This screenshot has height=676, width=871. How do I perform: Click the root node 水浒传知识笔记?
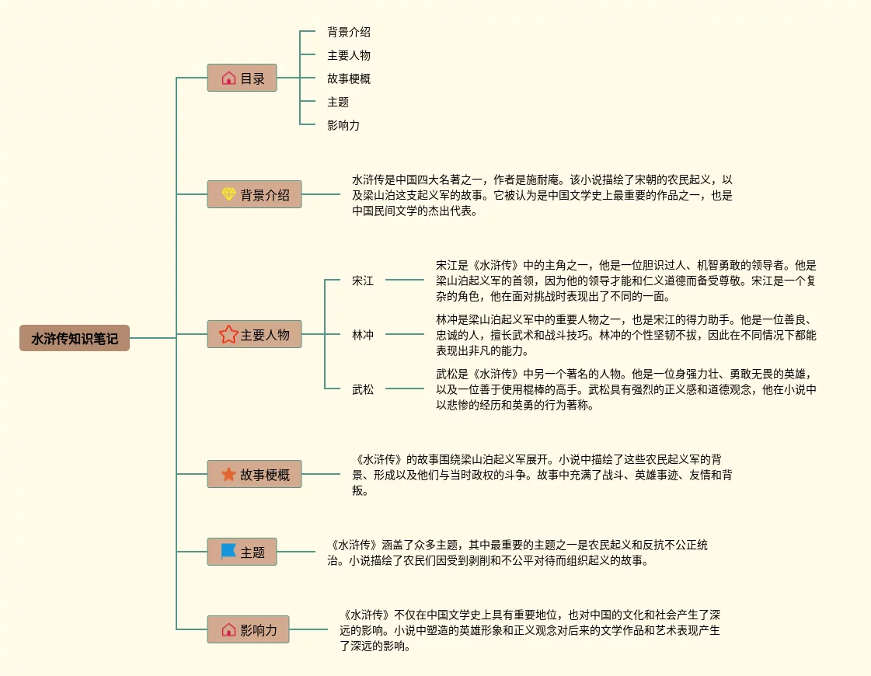(x=75, y=338)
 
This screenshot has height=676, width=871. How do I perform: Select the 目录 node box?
(x=242, y=78)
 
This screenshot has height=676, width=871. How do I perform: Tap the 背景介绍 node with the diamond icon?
(x=254, y=194)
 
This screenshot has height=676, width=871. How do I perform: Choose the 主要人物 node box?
(x=254, y=334)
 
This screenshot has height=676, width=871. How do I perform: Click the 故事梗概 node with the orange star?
(x=254, y=474)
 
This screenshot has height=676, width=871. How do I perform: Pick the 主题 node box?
(x=242, y=552)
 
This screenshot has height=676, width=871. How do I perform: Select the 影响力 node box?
(x=248, y=629)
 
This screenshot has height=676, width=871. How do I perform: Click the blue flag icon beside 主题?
(x=228, y=552)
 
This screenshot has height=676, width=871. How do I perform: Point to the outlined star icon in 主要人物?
(x=228, y=334)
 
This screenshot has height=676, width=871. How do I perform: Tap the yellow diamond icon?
(x=228, y=194)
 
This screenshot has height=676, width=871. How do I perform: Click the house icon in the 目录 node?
(x=228, y=78)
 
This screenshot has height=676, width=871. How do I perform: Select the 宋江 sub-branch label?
(x=363, y=281)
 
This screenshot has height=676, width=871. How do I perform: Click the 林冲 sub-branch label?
(x=363, y=335)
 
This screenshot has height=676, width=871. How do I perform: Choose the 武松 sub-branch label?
(x=363, y=389)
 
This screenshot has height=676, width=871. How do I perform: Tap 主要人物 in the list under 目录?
(x=349, y=55)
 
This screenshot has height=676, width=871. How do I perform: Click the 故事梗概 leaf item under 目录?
(x=349, y=78)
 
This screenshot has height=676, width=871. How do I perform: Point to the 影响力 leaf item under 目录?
(x=343, y=125)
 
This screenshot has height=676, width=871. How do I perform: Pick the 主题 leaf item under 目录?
(x=338, y=102)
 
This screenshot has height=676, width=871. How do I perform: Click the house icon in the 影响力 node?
(x=228, y=629)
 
